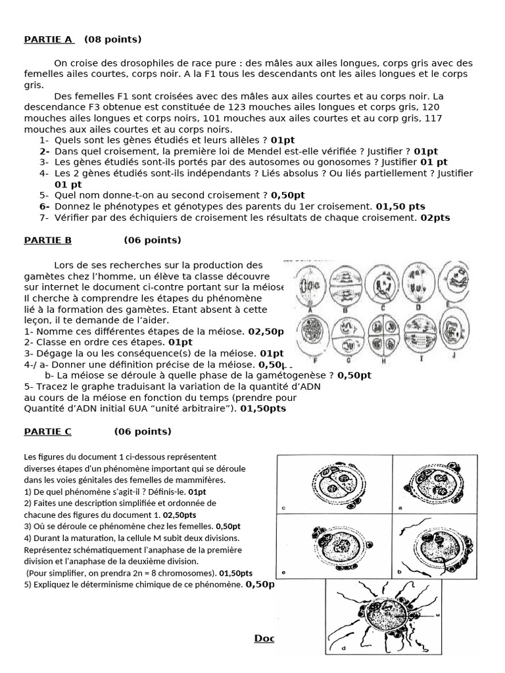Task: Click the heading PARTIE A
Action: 49,39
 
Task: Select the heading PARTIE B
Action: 47,240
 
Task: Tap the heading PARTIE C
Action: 47,432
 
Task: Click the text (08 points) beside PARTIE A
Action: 112,39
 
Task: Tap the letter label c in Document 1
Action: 283,508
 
